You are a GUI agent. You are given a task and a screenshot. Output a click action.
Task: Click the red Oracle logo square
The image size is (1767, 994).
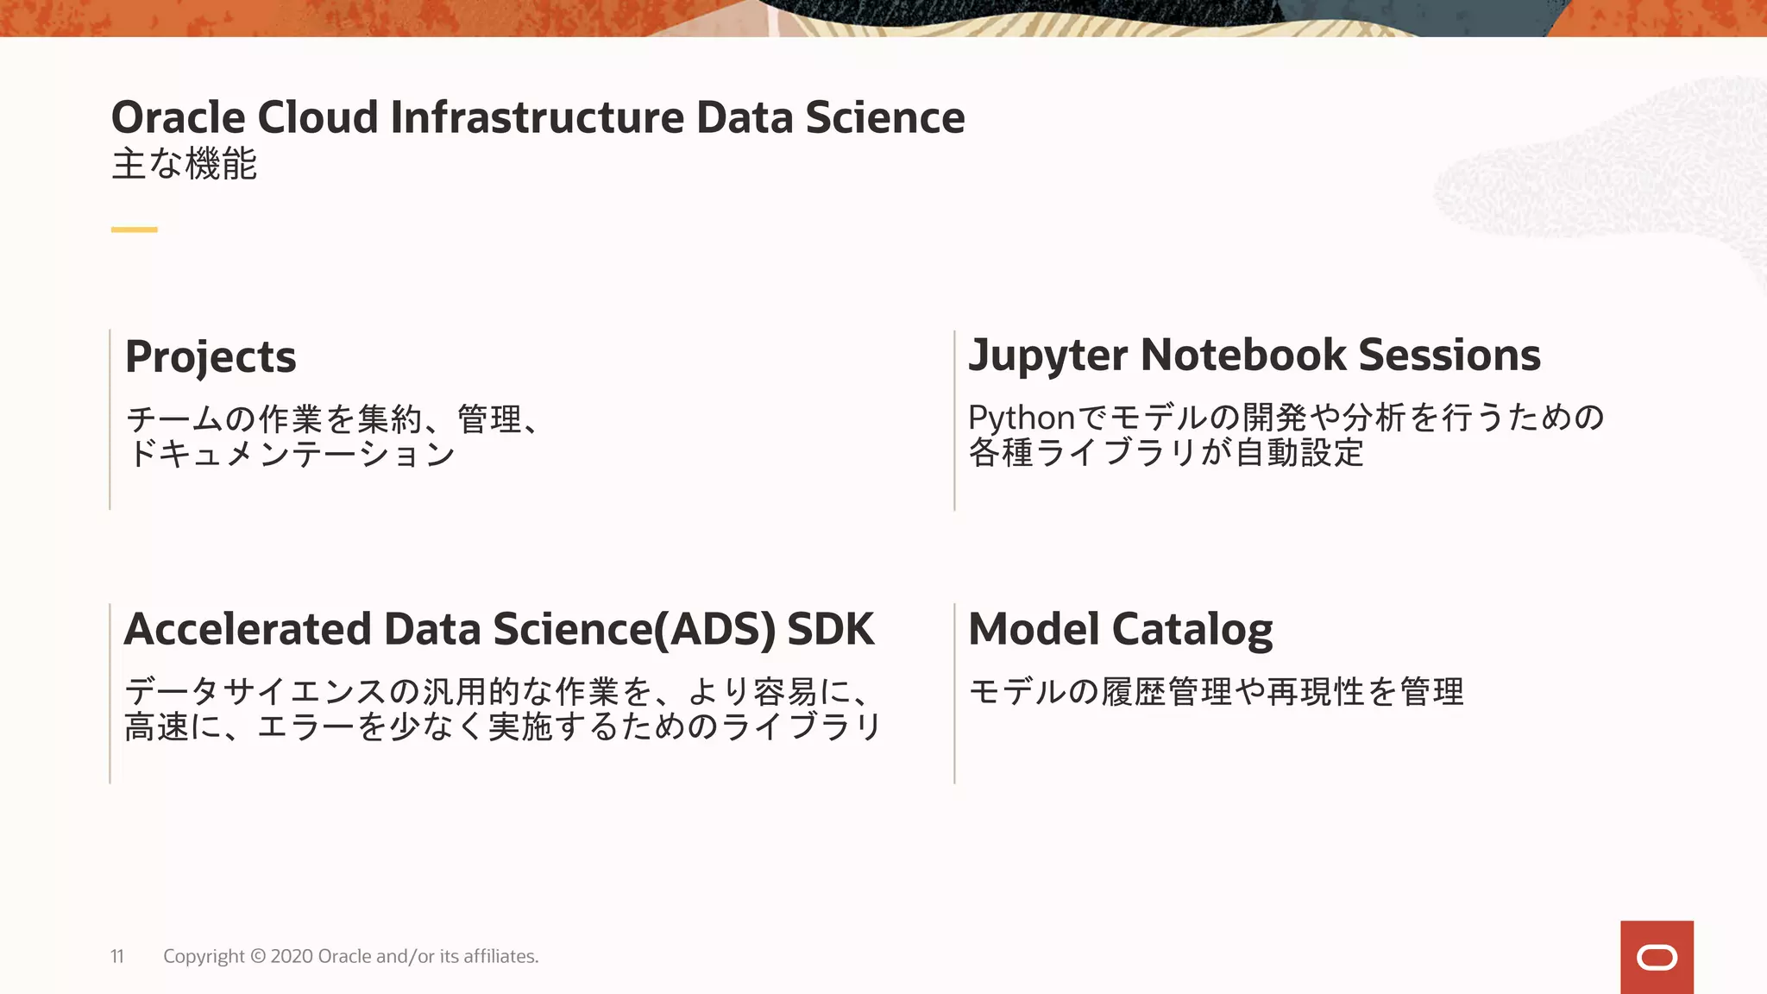(1657, 957)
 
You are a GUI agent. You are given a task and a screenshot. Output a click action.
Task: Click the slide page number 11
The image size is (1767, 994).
(117, 956)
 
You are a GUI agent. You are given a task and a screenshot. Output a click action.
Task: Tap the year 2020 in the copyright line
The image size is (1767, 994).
(292, 956)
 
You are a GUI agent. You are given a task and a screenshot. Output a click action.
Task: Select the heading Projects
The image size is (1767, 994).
(211, 356)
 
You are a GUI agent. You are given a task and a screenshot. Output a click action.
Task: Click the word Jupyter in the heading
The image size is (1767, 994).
(1047, 355)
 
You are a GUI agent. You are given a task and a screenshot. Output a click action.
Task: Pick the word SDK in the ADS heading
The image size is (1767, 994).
(831, 629)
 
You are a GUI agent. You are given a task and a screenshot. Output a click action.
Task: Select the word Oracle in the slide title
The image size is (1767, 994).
(179, 117)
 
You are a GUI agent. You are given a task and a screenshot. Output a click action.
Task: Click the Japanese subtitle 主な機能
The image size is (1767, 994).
(184, 164)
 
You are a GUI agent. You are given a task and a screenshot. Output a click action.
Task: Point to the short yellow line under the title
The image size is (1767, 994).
(134, 230)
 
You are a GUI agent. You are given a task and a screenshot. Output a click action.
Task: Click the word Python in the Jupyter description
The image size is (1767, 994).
(1021, 418)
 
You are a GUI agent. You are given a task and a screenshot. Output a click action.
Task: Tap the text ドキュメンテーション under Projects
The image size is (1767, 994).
(291, 454)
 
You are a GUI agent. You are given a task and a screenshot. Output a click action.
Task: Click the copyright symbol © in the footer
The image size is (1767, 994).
(258, 956)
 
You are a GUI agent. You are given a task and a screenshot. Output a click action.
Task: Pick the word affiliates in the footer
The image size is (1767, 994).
(500, 956)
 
